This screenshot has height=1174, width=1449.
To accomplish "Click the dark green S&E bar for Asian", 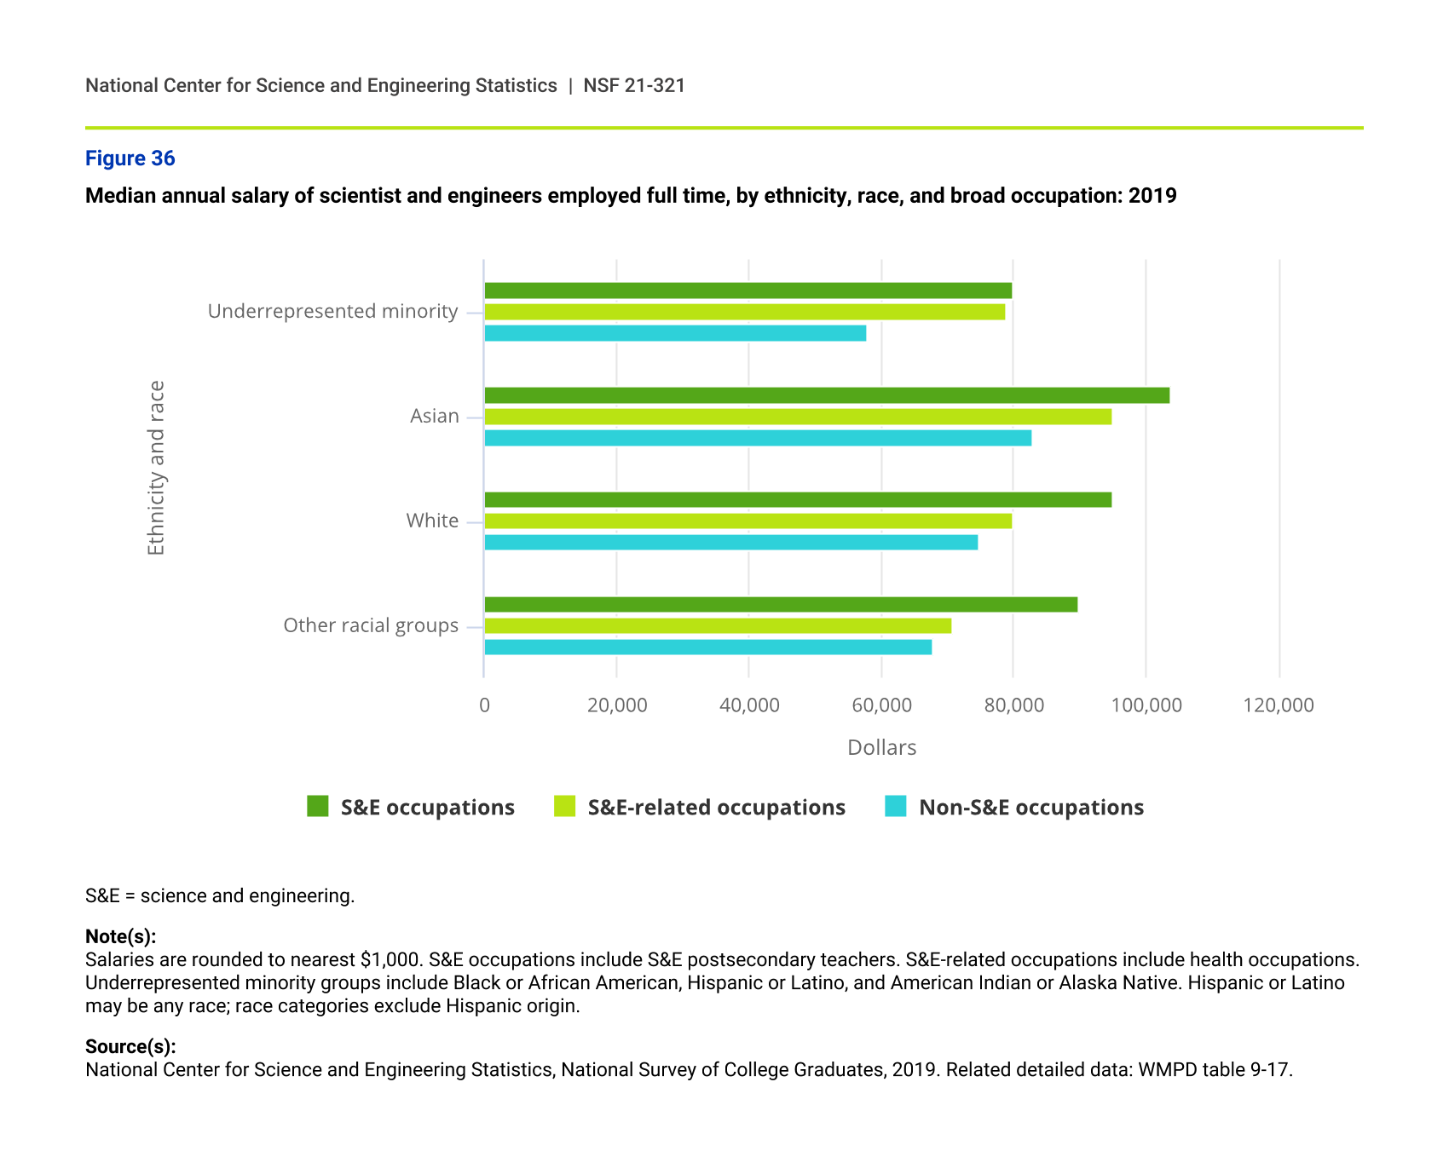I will point(827,395).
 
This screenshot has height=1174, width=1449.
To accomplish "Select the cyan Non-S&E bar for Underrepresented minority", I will point(675,333).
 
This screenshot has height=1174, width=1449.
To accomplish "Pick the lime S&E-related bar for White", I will point(748,521).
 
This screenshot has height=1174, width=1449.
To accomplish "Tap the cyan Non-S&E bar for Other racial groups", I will point(707,647).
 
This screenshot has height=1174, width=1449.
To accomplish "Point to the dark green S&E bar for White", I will point(798,500).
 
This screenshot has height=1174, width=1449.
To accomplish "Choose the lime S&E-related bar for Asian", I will point(798,417).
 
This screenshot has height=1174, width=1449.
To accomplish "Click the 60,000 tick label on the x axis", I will point(881,705).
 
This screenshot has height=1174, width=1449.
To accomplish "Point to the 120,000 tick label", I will point(1279,705).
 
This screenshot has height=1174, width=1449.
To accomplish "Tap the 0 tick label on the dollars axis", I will point(484,705).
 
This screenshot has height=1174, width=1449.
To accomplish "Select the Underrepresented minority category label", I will point(332,312).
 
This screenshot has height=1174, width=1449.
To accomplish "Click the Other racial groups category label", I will point(371,626).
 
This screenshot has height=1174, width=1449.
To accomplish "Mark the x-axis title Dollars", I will point(881,748).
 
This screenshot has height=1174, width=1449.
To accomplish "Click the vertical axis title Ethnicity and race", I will point(156,468).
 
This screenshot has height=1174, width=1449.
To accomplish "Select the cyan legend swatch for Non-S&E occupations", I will point(896,806).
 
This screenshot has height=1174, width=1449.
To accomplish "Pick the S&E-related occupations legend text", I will point(716,808).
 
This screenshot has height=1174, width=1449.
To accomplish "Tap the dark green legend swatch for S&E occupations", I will point(318,806).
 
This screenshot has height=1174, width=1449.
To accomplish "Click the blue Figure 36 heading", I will point(130,158).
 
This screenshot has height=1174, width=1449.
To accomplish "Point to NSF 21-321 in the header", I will point(634,86).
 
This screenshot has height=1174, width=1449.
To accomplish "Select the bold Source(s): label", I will point(130,1046).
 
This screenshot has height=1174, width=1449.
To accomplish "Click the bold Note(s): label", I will point(120,936).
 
